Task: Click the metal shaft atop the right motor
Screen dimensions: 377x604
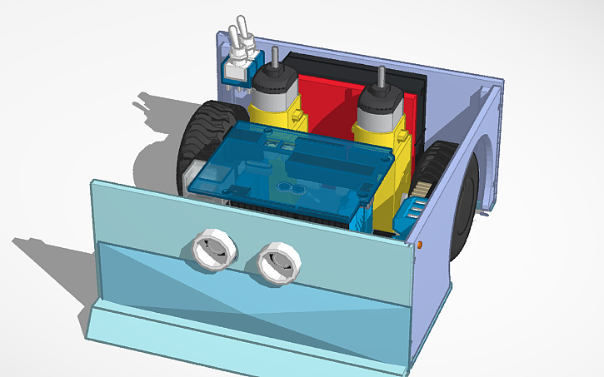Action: (x=380, y=77)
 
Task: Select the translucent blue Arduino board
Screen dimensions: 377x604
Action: (x=275, y=166)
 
